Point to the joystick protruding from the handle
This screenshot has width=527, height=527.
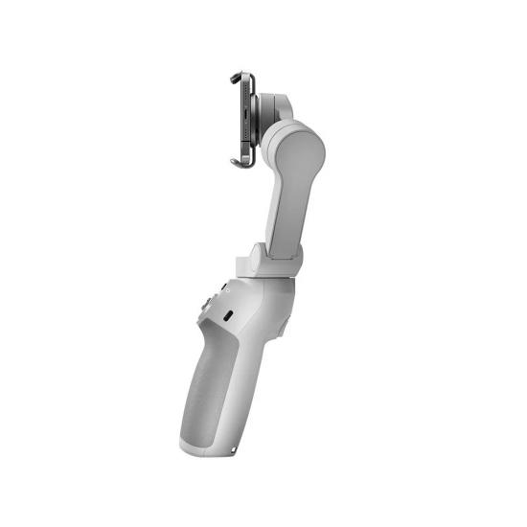206,307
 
